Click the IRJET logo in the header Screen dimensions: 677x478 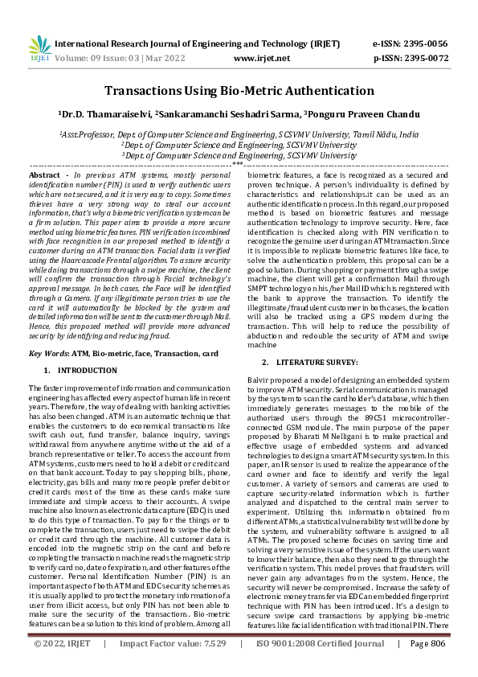coord(37,47)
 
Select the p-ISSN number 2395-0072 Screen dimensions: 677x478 coord(425,58)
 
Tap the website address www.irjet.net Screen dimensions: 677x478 coord(256,58)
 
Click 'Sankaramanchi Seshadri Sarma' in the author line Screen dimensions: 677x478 coord(227,116)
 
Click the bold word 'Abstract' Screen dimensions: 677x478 coord(44,174)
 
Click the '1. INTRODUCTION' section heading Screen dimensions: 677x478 coord(81,370)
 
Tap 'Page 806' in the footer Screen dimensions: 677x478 coord(427,666)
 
